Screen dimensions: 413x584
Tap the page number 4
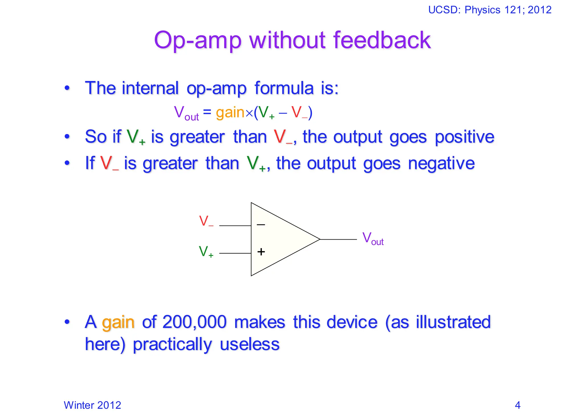518,405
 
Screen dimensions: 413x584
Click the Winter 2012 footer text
92,405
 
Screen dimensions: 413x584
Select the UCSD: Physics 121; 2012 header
490,10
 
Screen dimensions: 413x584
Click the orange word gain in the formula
230,112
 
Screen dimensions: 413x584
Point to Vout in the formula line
186,113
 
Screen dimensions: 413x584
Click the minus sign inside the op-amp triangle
261,225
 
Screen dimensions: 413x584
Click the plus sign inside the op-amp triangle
261,252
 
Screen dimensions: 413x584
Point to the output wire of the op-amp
338,239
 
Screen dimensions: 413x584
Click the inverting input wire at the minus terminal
235,226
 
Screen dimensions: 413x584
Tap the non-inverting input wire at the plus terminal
235,253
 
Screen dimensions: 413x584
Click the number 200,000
194,322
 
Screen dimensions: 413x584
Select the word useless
250,344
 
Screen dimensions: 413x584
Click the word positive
464,137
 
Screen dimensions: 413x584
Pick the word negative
441,163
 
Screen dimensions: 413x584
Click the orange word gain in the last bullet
118,323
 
